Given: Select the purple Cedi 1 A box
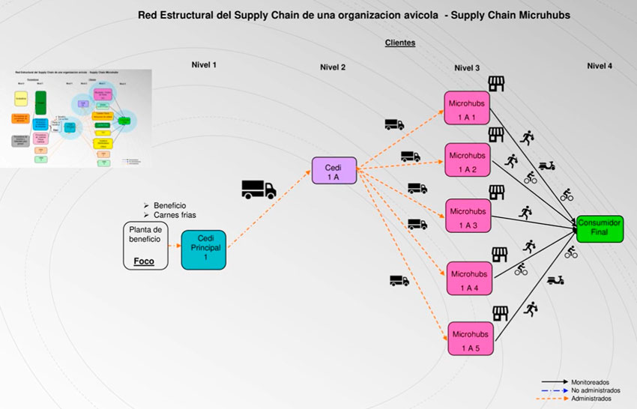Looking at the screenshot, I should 333,170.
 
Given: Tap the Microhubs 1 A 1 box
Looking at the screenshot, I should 468,108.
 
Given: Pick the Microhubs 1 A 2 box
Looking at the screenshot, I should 468,160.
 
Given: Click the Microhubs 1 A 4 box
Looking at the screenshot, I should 470,279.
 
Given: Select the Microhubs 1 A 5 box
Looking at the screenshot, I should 470,338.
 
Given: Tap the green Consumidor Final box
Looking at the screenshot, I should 600,228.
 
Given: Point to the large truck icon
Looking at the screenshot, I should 259,190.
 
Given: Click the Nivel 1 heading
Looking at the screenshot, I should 204,64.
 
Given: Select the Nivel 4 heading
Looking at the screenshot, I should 599,66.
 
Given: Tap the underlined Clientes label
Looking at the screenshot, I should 399,43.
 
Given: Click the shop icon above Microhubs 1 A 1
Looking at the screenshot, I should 495,83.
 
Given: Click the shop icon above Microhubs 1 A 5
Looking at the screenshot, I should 500,313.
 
